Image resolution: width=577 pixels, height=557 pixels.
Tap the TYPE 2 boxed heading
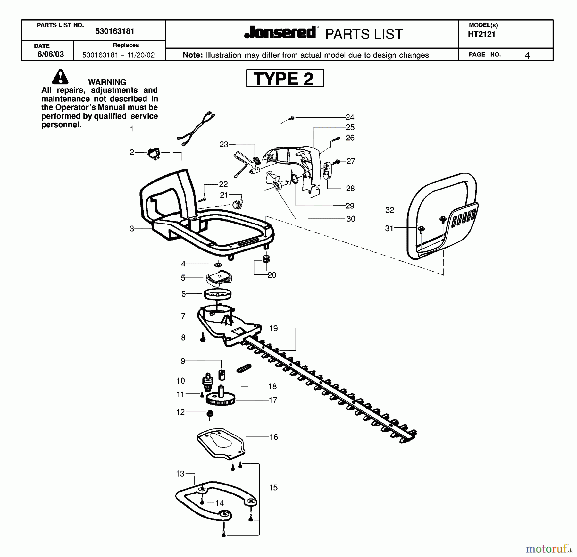click(285, 78)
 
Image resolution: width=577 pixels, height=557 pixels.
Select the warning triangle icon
click(60, 77)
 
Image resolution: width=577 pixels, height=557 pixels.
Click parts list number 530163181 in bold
click(114, 31)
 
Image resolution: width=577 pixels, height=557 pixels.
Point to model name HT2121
click(481, 35)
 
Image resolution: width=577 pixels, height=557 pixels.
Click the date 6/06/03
click(51, 54)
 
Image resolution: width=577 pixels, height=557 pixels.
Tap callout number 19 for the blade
click(273, 328)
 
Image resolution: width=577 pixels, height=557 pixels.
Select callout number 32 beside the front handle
click(389, 210)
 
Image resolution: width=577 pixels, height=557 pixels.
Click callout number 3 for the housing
click(132, 229)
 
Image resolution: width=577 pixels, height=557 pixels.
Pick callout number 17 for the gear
click(273, 400)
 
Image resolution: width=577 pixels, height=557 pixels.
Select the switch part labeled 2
click(154, 154)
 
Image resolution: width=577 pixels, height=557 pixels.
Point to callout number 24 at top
click(350, 117)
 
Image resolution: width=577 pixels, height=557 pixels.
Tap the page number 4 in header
click(527, 55)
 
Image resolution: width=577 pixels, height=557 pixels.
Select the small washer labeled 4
click(218, 265)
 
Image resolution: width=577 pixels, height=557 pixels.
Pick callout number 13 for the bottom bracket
click(180, 474)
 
